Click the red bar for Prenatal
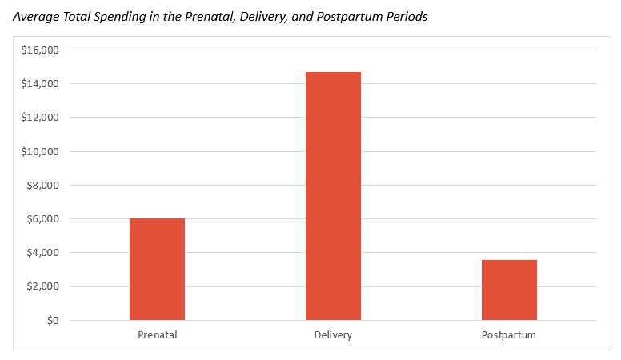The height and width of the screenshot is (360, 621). point(157,270)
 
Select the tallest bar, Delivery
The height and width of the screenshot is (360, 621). point(333,196)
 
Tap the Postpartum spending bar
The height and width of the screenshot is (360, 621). point(509,290)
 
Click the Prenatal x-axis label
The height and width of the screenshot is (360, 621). point(157,334)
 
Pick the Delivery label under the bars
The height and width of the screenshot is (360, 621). point(333,334)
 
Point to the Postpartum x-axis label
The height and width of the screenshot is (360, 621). point(509,334)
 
